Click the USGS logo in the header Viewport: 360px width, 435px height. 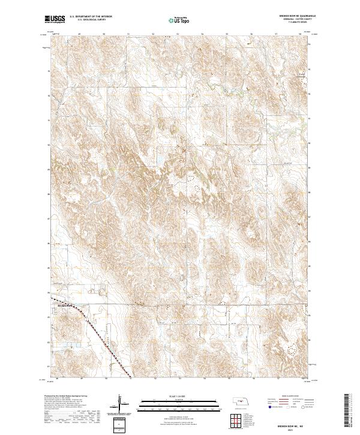click(x=55, y=20)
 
